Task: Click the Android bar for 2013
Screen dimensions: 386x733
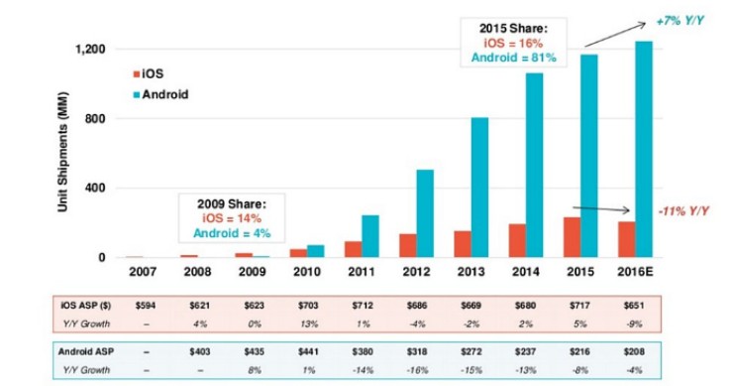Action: (x=479, y=188)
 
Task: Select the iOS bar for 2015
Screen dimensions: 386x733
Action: (x=572, y=237)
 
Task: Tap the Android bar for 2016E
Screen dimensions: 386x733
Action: (x=643, y=149)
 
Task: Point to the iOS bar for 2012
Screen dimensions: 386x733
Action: (x=408, y=245)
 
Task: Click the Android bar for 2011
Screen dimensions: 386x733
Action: (x=369, y=236)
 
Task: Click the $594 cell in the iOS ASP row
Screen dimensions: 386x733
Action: (x=148, y=305)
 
